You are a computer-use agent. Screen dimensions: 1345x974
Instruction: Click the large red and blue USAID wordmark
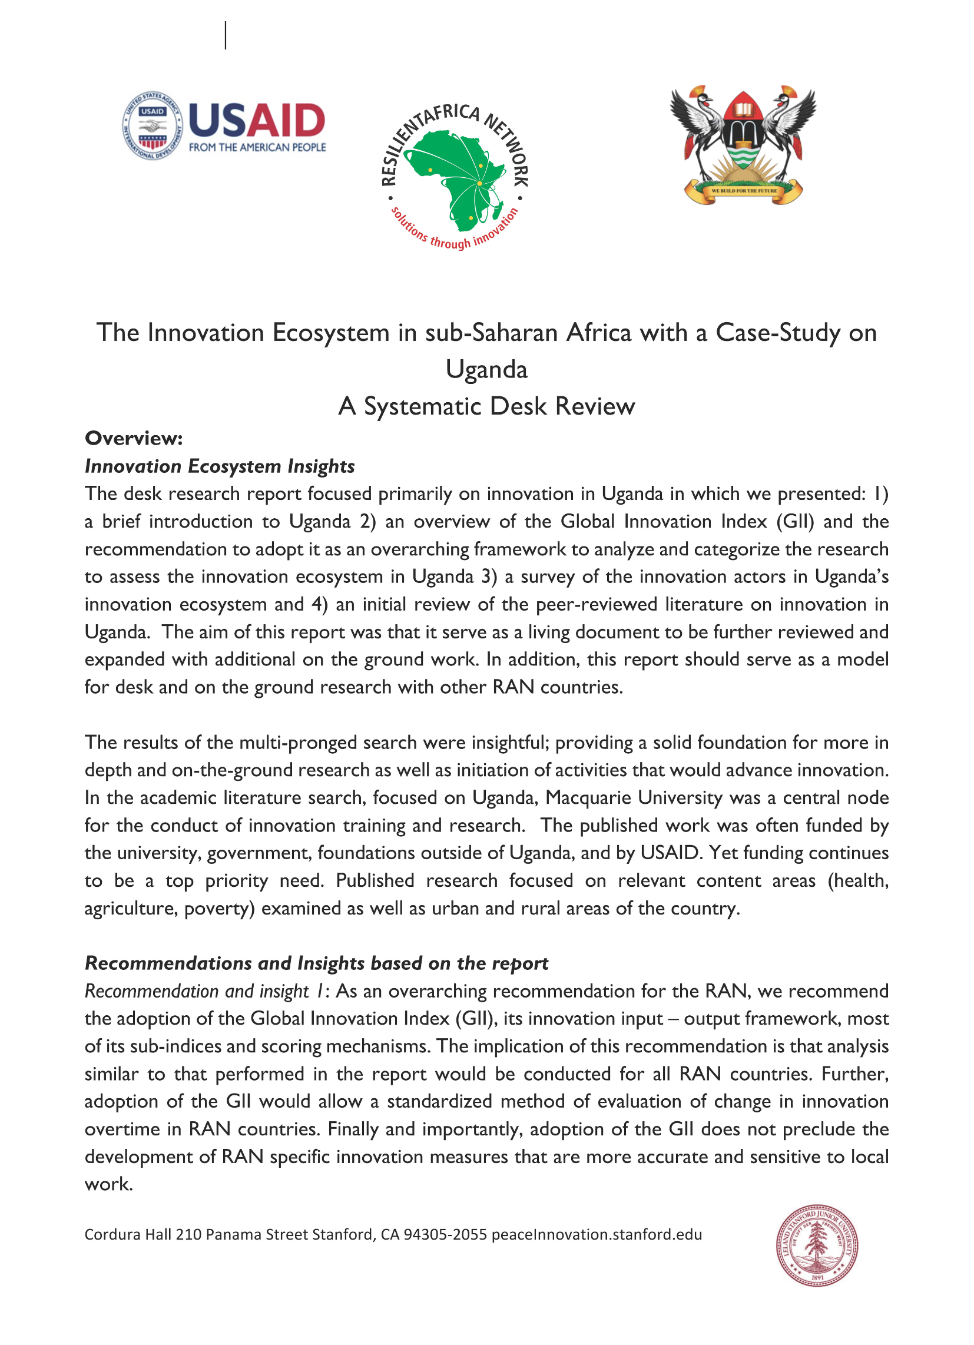[257, 120]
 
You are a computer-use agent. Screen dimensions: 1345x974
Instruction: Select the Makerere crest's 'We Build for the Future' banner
[743, 191]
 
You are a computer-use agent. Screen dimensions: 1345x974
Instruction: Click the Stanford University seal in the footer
[817, 1245]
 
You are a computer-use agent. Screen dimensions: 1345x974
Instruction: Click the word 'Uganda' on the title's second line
[486, 369]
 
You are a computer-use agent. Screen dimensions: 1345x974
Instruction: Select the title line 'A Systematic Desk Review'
[486, 407]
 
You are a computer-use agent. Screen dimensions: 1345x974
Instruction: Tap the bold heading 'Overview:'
[134, 438]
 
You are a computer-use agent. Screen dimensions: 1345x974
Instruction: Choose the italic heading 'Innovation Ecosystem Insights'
[220, 466]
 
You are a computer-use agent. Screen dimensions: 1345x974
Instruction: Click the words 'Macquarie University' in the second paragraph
[634, 797]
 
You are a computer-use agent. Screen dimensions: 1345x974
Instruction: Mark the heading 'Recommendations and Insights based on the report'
[316, 963]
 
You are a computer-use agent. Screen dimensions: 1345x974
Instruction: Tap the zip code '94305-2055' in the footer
[445, 1235]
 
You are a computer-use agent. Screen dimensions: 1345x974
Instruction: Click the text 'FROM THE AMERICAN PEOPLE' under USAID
[257, 147]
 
